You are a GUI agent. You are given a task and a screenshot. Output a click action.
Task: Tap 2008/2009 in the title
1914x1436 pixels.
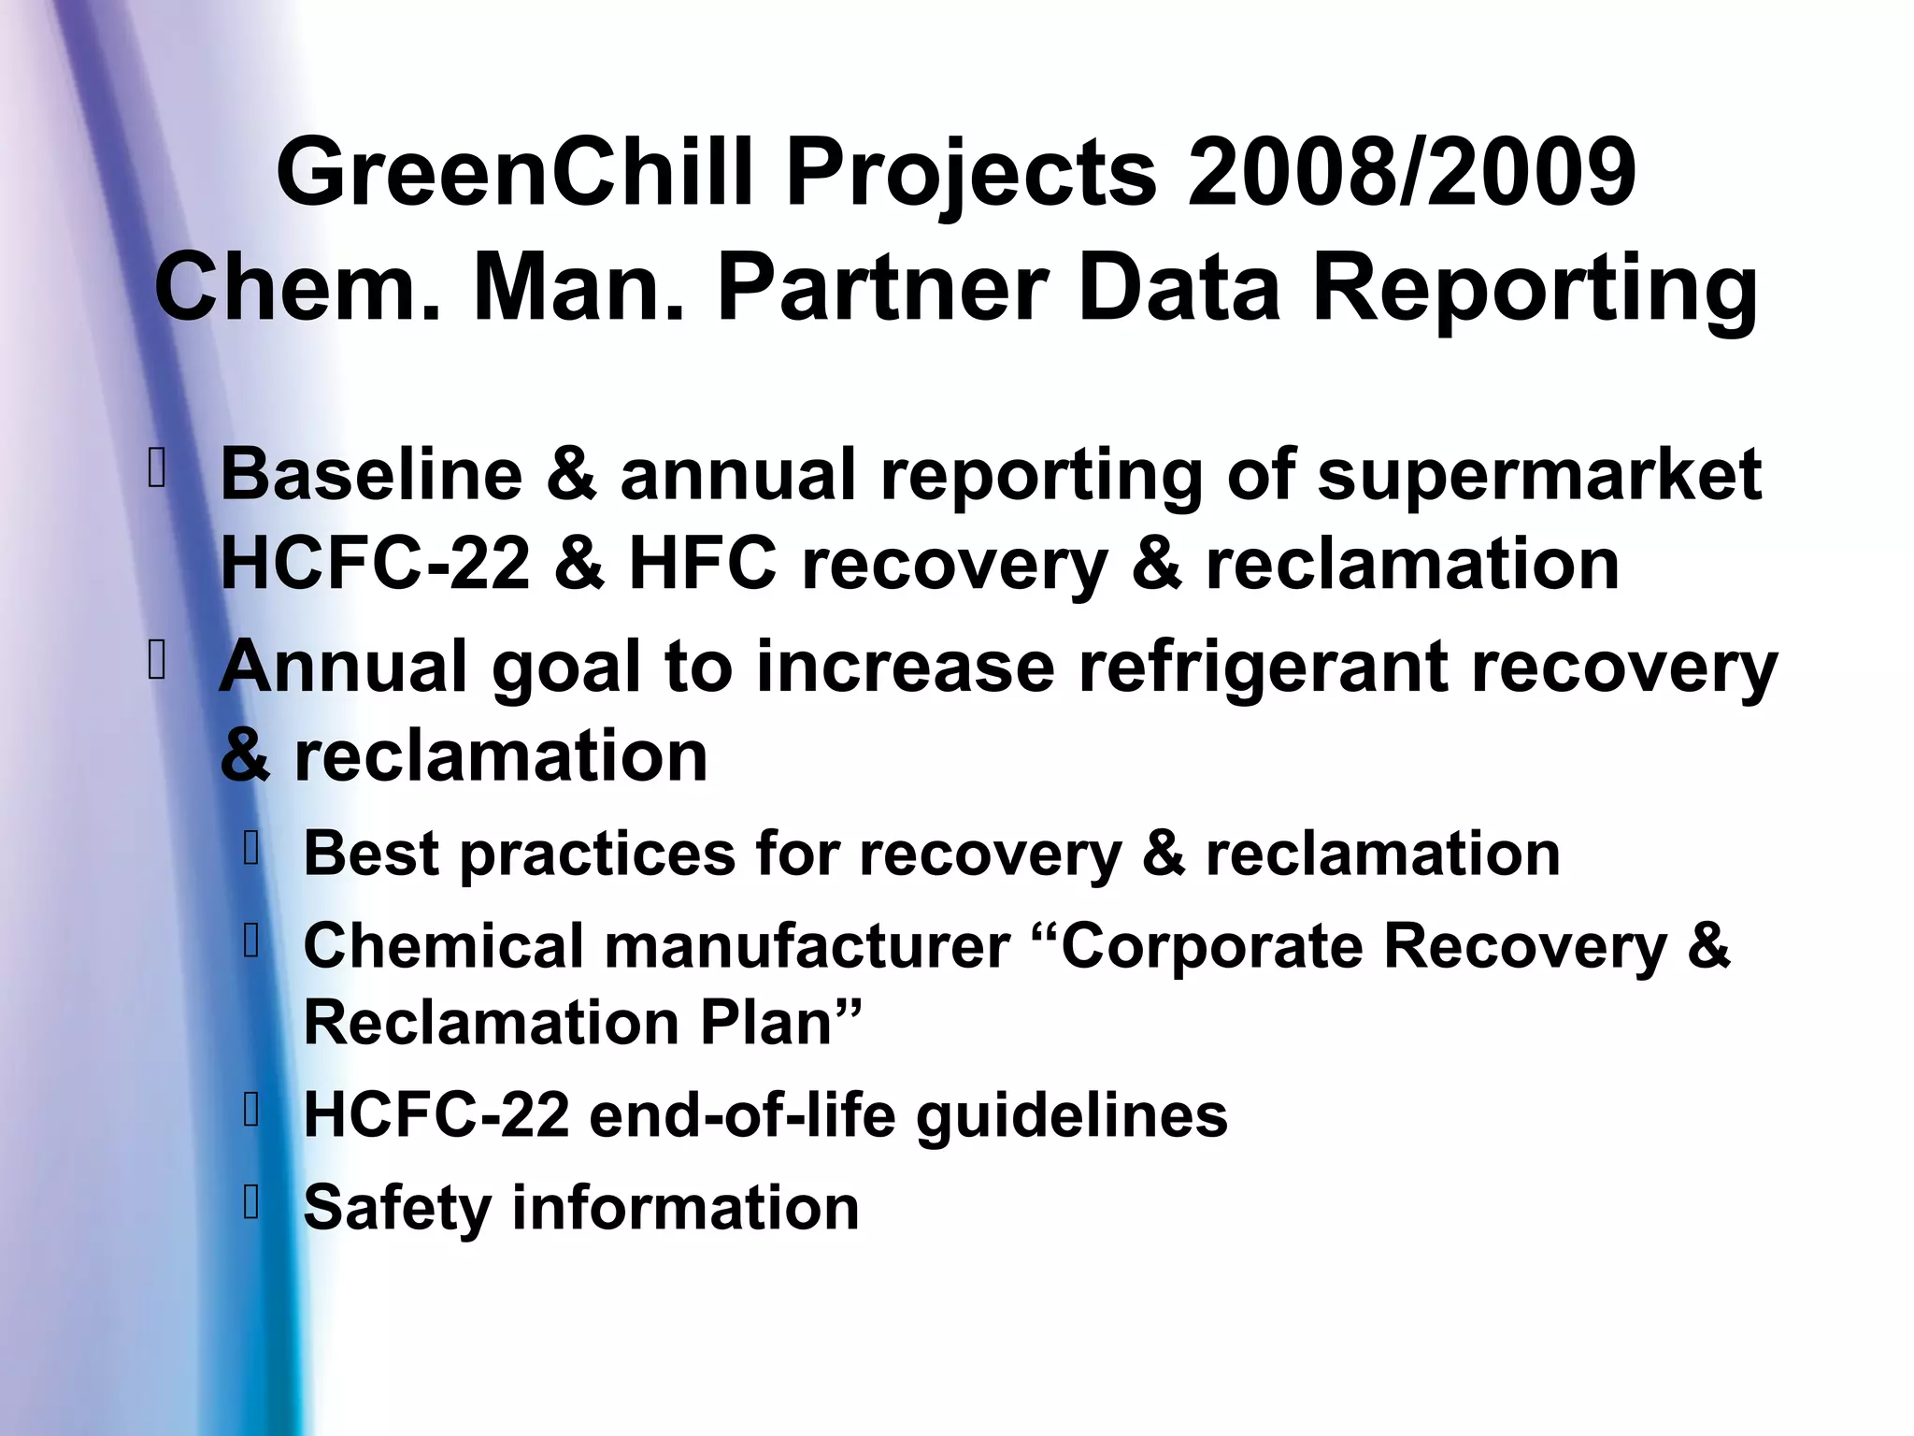click(1411, 173)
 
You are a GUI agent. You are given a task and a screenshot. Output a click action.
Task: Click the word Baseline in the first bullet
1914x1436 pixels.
click(370, 474)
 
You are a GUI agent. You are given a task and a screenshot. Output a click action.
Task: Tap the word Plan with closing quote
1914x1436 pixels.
click(780, 1023)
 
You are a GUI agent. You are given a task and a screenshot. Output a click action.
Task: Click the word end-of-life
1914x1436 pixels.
click(742, 1114)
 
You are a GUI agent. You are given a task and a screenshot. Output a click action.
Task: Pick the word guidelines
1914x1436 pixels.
click(1071, 1116)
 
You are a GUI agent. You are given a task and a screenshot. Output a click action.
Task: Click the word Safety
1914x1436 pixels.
click(397, 1208)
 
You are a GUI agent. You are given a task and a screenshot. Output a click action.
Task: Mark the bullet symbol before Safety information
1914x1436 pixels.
click(250, 1203)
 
